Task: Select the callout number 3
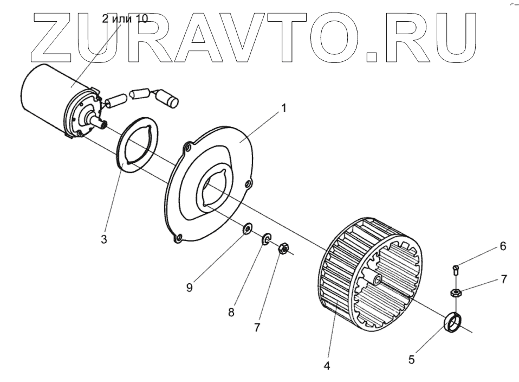(104, 239)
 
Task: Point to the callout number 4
(327, 366)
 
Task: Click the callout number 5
(411, 359)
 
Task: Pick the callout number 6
(503, 246)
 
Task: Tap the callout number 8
(231, 313)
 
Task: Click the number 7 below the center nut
(257, 327)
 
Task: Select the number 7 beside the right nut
(504, 279)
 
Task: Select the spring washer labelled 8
(267, 238)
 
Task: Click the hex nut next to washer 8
(282, 249)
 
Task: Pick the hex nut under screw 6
(456, 294)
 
